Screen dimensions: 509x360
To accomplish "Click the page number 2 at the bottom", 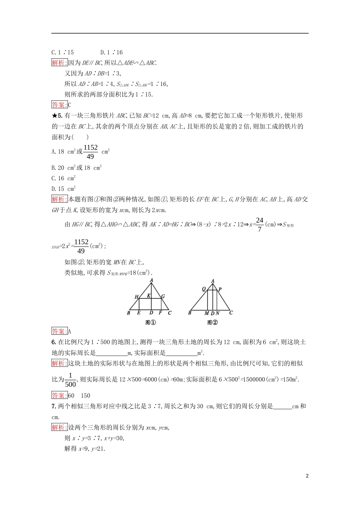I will [307, 476].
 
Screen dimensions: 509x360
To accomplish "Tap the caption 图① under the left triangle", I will [150, 323].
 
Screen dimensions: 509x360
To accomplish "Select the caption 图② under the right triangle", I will [213, 323].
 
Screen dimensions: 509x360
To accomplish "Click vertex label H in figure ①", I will [136, 297].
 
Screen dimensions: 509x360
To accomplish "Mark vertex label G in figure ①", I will [163, 297].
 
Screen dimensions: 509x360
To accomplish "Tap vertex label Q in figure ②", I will [204, 289].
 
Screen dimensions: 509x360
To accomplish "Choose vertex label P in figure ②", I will [220, 289].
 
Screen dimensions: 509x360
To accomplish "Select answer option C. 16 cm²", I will [64, 178].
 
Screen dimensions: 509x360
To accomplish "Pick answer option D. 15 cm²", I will [64, 189].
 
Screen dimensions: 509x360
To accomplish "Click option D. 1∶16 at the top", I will [111, 53].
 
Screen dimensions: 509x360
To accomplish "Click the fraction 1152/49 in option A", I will [91, 152].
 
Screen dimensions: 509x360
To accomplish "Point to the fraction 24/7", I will [260, 224].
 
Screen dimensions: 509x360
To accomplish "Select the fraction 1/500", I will [70, 380].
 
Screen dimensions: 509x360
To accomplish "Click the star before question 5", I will [54, 116].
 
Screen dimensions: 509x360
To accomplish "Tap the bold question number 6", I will [54, 342].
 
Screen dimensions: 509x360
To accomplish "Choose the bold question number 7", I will [54, 406].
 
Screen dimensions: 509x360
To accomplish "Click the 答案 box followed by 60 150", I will [59, 395].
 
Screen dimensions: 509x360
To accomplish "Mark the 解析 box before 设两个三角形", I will [59, 428].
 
